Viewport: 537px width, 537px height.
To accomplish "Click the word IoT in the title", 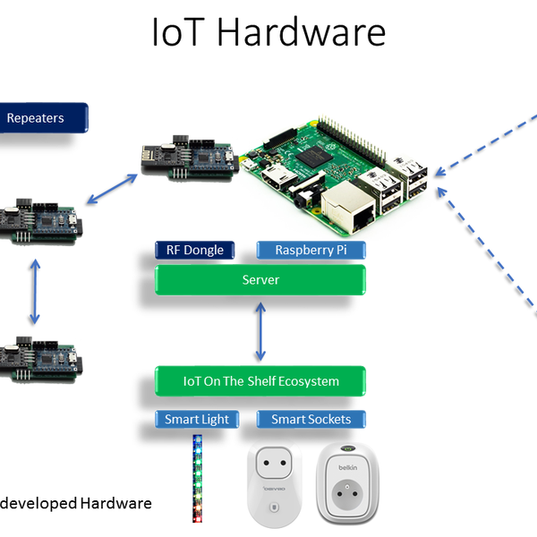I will [179, 33].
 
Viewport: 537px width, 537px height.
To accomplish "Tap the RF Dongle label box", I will [194, 251].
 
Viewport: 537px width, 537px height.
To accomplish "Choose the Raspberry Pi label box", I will [311, 251].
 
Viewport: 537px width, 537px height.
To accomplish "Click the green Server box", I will [260, 280].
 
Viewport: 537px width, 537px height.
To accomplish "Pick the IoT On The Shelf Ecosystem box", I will [260, 381].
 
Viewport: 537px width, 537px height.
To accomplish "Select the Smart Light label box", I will [196, 419].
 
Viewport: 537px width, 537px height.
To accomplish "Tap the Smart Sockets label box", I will [311, 419].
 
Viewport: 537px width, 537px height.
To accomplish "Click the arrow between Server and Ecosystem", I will [260, 330].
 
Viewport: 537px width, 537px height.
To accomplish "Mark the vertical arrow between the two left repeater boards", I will [35, 292].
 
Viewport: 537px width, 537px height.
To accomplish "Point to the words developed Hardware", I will [76, 503].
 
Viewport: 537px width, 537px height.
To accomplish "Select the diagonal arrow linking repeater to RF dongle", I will [111, 189].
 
